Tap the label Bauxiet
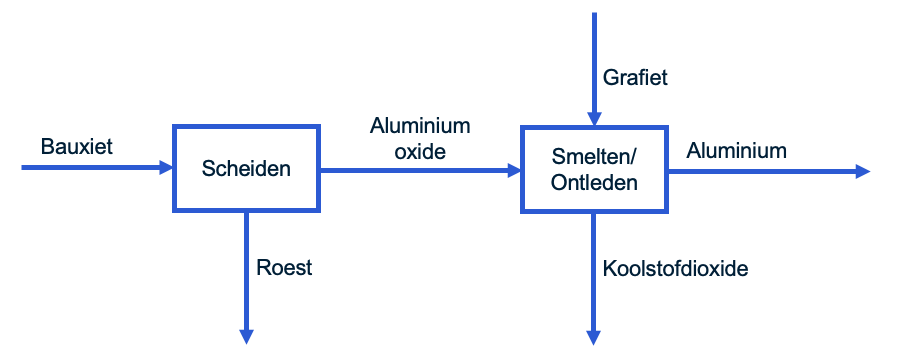click(x=77, y=147)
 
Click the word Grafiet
click(x=635, y=77)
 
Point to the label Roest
click(x=284, y=267)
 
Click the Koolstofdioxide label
click(x=675, y=268)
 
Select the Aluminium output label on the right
click(x=736, y=151)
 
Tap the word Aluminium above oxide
click(x=419, y=126)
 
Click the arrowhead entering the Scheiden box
click(x=166, y=168)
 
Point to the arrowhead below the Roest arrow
click(x=246, y=336)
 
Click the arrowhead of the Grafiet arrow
click(x=594, y=117)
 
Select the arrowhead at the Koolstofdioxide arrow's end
click(x=594, y=336)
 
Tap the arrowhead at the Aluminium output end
click(x=862, y=172)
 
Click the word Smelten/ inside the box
click(x=594, y=157)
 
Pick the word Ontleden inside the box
click(x=594, y=183)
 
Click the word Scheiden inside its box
click(x=247, y=169)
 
